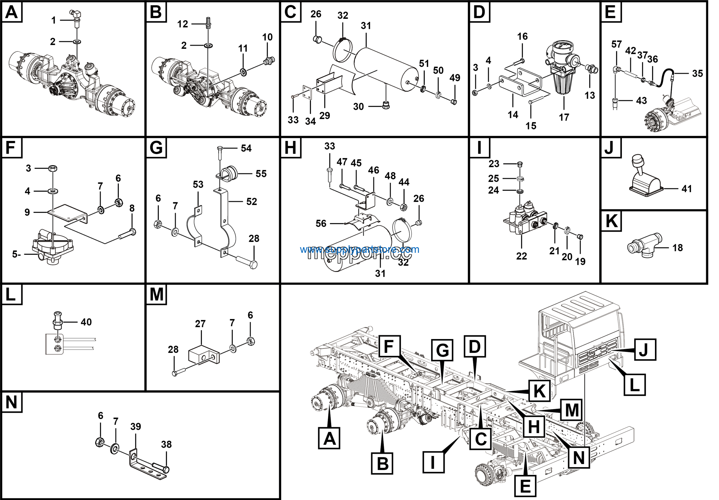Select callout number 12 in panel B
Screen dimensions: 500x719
click(183, 24)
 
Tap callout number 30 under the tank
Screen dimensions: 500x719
click(358, 106)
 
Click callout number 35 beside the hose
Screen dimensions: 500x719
click(697, 74)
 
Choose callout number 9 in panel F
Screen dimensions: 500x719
click(27, 212)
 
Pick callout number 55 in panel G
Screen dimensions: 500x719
click(261, 174)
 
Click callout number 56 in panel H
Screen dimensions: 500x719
click(321, 223)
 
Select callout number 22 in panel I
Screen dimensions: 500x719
click(521, 256)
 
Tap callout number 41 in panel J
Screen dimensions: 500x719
click(686, 189)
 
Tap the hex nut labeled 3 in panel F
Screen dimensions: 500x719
click(53, 168)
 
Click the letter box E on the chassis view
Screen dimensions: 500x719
click(525, 486)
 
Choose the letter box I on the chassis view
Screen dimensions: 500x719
click(433, 462)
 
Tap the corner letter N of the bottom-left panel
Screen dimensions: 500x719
click(12, 402)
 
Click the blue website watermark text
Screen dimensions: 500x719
click(359, 249)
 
